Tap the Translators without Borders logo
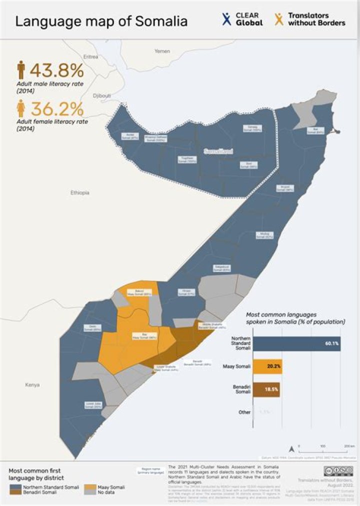(x=310, y=19)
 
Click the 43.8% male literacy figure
(x=56, y=69)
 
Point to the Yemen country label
(x=162, y=51)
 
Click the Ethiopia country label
(x=79, y=192)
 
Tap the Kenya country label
(x=32, y=385)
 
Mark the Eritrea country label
(x=90, y=57)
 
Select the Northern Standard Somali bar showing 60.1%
(x=297, y=343)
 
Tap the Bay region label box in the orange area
(x=137, y=336)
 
